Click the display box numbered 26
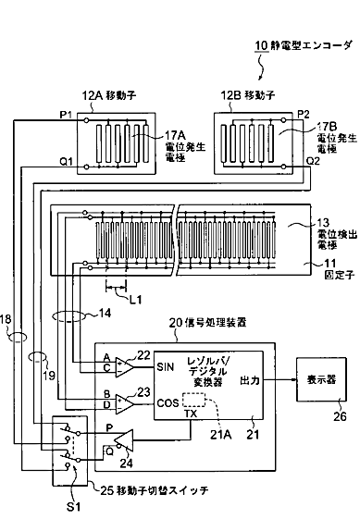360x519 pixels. pyautogui.click(x=321, y=379)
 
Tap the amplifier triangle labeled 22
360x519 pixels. pyautogui.click(x=124, y=367)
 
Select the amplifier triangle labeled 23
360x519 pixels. pyautogui.click(x=124, y=404)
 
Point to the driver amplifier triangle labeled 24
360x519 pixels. pyautogui.click(x=124, y=440)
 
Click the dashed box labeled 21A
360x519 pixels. pyautogui.click(x=193, y=400)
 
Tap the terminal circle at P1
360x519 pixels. pyautogui.click(x=86, y=120)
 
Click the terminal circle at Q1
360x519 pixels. pyautogui.click(x=86, y=167)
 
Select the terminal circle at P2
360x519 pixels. pyautogui.click(x=283, y=120)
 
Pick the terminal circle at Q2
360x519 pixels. pyautogui.click(x=283, y=167)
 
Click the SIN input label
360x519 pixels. pyautogui.click(x=166, y=366)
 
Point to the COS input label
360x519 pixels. pyautogui.click(x=168, y=402)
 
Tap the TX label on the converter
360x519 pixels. pyautogui.click(x=191, y=414)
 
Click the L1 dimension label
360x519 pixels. pyautogui.click(x=135, y=300)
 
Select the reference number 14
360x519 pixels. pyautogui.click(x=105, y=313)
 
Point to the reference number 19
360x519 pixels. pyautogui.click(x=49, y=376)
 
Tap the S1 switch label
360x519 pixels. pyautogui.click(x=73, y=507)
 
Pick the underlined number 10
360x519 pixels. pyautogui.click(x=261, y=46)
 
